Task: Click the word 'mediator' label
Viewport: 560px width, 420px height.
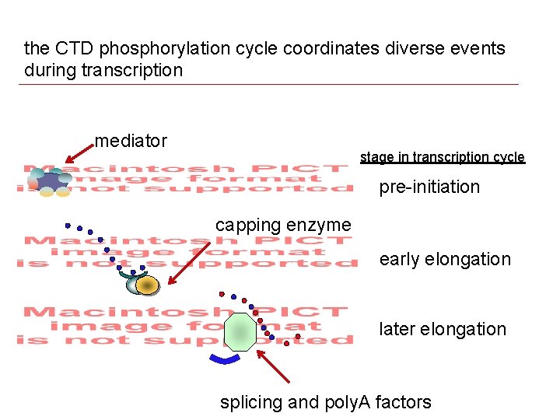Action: point(131,141)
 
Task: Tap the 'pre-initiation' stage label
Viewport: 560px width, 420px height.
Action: point(429,187)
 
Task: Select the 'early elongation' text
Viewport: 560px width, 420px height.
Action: point(445,260)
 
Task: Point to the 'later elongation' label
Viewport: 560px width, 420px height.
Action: point(443,329)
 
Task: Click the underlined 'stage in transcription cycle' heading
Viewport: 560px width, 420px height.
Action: point(443,157)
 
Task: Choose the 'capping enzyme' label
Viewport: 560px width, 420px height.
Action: point(283,226)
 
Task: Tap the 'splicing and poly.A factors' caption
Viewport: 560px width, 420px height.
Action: point(326,402)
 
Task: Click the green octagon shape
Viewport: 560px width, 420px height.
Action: point(240,332)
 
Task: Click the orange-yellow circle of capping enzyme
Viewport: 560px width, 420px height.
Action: point(147,285)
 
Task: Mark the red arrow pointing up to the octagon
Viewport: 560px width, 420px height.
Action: point(273,366)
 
